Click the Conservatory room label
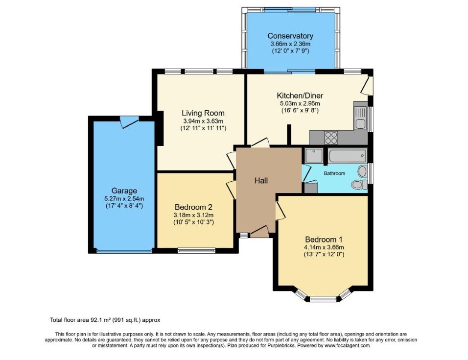pos(290,36)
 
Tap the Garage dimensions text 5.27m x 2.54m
pos(124,198)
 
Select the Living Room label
pos(203,113)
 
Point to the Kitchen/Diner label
pos(300,96)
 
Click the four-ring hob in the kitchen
pos(331,138)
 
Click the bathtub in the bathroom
pos(347,156)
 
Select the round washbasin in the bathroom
pos(362,171)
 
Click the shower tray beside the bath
pos(314,156)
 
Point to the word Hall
pos(261,181)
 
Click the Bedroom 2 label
pos(194,207)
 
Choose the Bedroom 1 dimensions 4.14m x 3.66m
pos(324,247)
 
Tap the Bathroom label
pos(334,173)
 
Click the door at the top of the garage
pos(130,122)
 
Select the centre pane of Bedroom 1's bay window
pos(323,298)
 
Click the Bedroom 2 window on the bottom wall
pos(197,250)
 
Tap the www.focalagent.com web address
pos(347,346)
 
